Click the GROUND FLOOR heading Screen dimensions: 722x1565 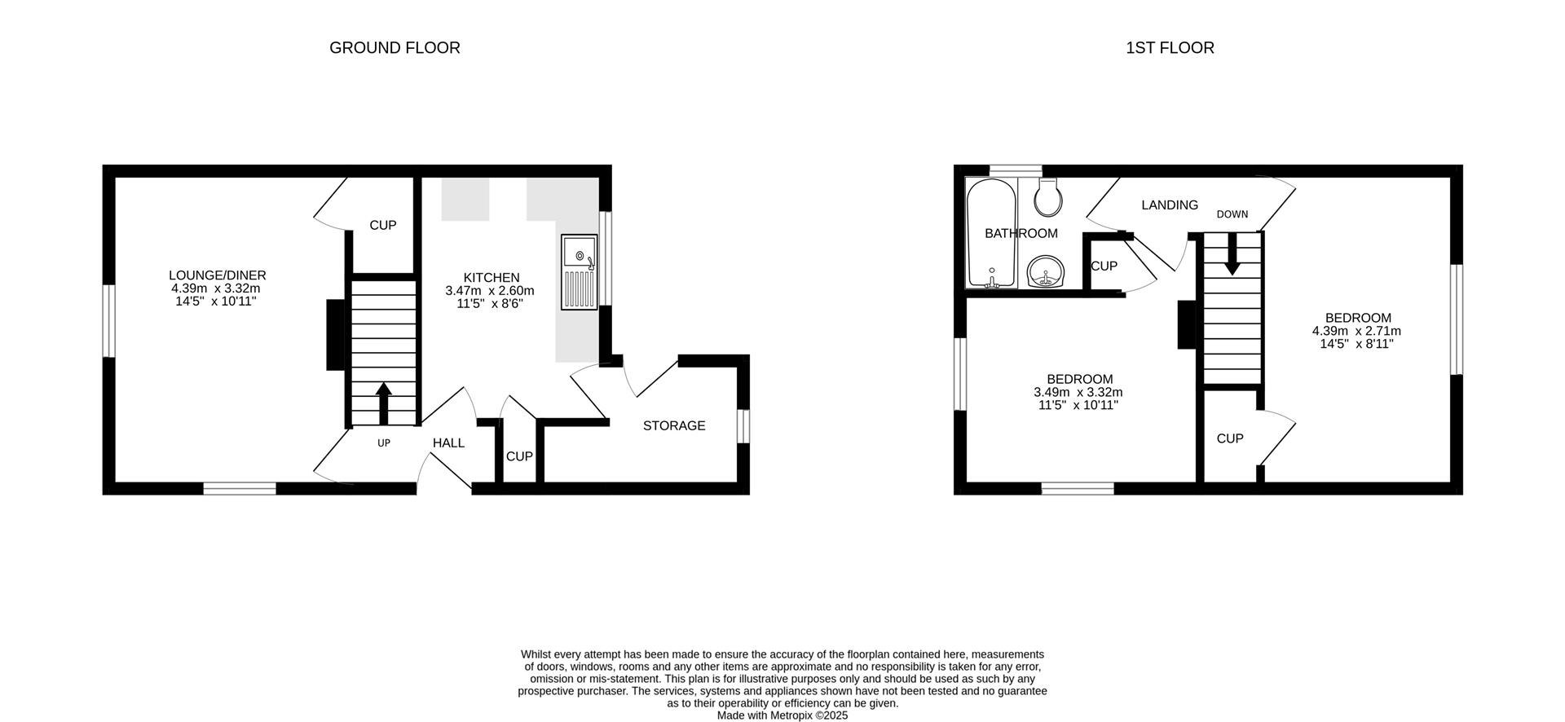click(395, 48)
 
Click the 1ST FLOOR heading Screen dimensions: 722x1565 click(1170, 48)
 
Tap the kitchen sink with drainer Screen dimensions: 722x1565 click(579, 272)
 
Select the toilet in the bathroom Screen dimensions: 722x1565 click(1046, 196)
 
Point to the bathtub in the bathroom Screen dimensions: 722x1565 click(991, 234)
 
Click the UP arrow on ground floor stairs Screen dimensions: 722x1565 click(383, 403)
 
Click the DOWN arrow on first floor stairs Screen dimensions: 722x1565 click(1232, 254)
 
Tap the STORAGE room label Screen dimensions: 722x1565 click(674, 426)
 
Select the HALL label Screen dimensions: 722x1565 click(448, 443)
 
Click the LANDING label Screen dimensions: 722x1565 click(1169, 205)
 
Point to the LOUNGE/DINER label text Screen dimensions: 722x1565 click(217, 275)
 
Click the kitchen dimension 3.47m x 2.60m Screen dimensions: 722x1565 click(489, 291)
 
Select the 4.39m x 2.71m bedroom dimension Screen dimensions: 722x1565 click(1356, 332)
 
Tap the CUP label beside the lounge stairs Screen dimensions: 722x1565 click(382, 226)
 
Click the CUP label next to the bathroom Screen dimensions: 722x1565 click(1104, 266)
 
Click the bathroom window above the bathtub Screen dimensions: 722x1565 click(1015, 170)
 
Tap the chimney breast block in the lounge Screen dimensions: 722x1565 click(335, 335)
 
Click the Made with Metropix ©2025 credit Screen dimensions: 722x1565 click(782, 715)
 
